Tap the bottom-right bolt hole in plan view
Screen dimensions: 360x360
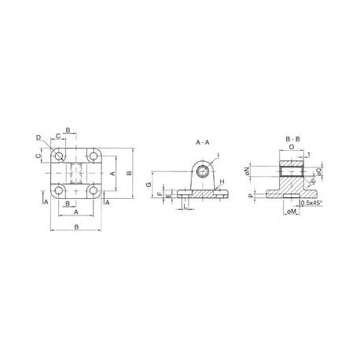[94, 190]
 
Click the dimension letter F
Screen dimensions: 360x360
[159, 193]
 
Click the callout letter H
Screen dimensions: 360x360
[222, 183]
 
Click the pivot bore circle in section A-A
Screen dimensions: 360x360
[203, 170]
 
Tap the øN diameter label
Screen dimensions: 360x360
[248, 170]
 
